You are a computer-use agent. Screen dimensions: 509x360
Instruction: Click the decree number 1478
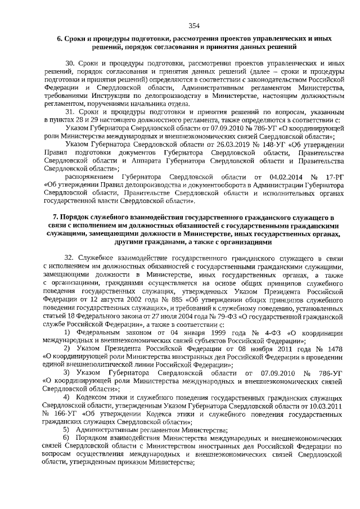(333, 348)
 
